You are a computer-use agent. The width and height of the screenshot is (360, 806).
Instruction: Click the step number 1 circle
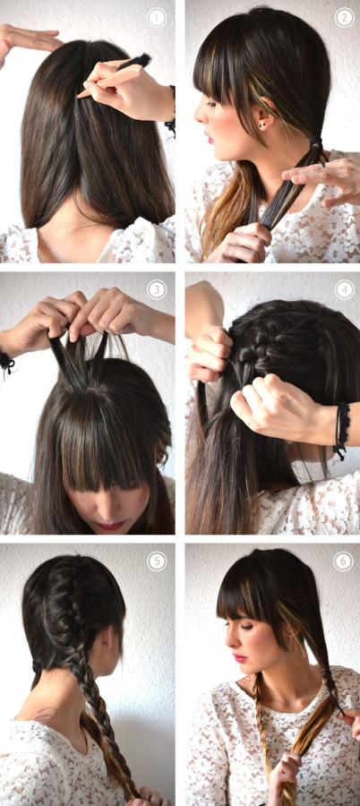coord(157,17)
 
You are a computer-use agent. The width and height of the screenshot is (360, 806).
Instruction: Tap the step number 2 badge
coord(344,17)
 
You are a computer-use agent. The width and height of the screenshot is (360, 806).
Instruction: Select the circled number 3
coord(157,289)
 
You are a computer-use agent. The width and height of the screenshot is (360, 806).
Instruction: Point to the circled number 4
coord(344,289)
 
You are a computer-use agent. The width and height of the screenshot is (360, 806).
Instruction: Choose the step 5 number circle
coord(157,561)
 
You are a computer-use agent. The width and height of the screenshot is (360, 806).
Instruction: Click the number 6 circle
coord(343,561)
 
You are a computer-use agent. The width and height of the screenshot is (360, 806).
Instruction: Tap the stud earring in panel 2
coord(262,124)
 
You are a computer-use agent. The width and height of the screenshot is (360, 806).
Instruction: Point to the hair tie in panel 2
coord(315,142)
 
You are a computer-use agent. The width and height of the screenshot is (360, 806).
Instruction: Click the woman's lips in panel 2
coord(210,138)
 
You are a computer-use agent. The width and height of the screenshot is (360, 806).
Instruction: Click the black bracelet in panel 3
coord(6,363)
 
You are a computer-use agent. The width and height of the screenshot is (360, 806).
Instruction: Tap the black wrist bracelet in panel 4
coord(340,430)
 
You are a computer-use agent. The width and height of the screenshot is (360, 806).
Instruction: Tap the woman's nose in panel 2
coord(201,116)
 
